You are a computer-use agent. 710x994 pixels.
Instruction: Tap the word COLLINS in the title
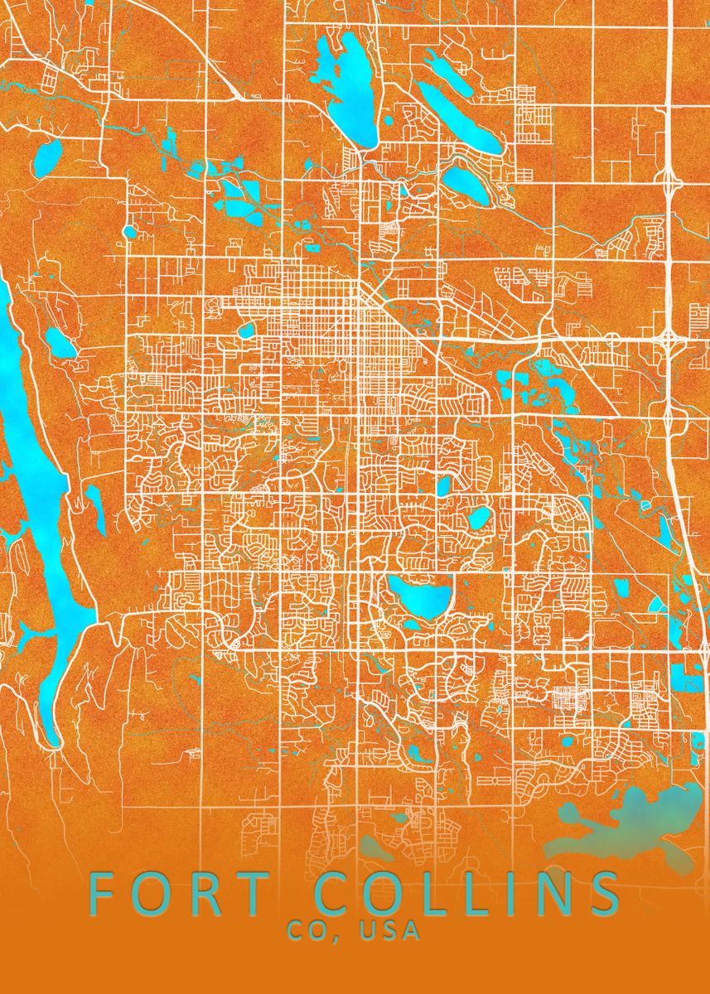point(468,895)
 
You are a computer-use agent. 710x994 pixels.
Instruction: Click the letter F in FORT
point(100,895)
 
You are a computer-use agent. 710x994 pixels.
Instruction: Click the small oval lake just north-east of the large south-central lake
point(479,519)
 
